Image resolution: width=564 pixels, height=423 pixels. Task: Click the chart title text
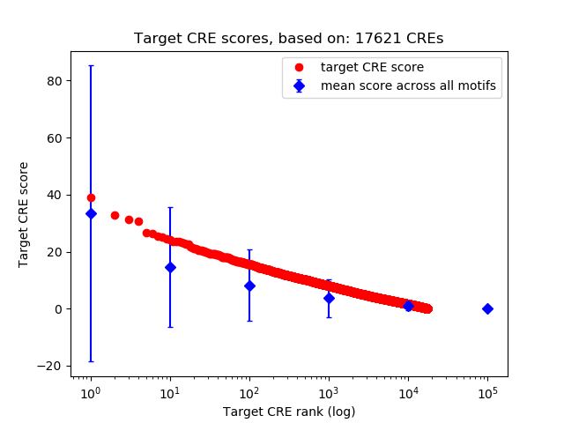(288, 39)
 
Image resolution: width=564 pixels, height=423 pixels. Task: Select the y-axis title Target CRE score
(24, 214)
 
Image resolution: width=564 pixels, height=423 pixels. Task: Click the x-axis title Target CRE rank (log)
(289, 411)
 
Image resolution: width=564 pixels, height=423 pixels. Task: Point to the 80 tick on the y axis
(55, 81)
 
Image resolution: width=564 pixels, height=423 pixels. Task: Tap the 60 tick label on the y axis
(55, 138)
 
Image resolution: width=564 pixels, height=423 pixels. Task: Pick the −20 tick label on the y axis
(51, 367)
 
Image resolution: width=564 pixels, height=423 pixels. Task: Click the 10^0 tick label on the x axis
(90, 392)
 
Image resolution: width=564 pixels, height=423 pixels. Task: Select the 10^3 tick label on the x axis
(329, 392)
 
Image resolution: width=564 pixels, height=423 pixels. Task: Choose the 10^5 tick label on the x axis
(487, 392)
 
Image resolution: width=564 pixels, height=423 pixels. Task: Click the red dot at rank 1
(91, 198)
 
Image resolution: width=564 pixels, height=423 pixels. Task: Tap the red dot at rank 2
(115, 215)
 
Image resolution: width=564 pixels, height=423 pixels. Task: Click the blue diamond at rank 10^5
(487, 308)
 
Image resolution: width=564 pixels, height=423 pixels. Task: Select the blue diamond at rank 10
(170, 267)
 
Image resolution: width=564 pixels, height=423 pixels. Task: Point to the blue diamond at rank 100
(249, 286)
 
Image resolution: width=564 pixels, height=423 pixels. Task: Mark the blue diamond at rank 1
(91, 213)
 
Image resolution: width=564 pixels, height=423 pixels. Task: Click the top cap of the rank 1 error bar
(91, 66)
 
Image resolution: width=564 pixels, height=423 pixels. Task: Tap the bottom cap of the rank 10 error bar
(170, 327)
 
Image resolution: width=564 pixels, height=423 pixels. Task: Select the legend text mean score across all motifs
(408, 85)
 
